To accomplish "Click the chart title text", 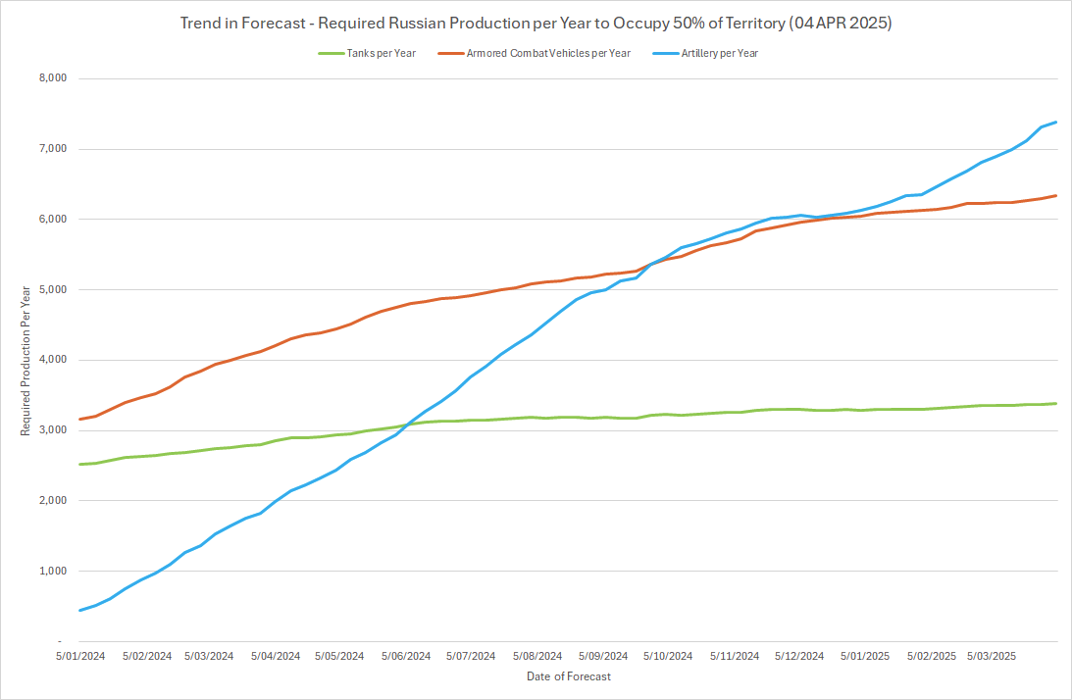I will pos(536,22).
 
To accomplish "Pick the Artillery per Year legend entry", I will pos(719,53).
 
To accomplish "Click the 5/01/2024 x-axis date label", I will pos(79,656).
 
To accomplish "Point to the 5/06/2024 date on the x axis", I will pos(406,656).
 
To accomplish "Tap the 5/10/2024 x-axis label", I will pos(668,656).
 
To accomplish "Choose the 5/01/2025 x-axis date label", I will pos(865,656).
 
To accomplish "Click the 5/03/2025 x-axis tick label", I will pos(992,656).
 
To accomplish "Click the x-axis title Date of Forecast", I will pos(568,676).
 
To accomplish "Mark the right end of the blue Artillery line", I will pos(1055,123).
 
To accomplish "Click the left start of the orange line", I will pos(80,420).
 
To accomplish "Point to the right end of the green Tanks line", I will pos(1055,403).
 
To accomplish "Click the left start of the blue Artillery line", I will pos(80,610).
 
